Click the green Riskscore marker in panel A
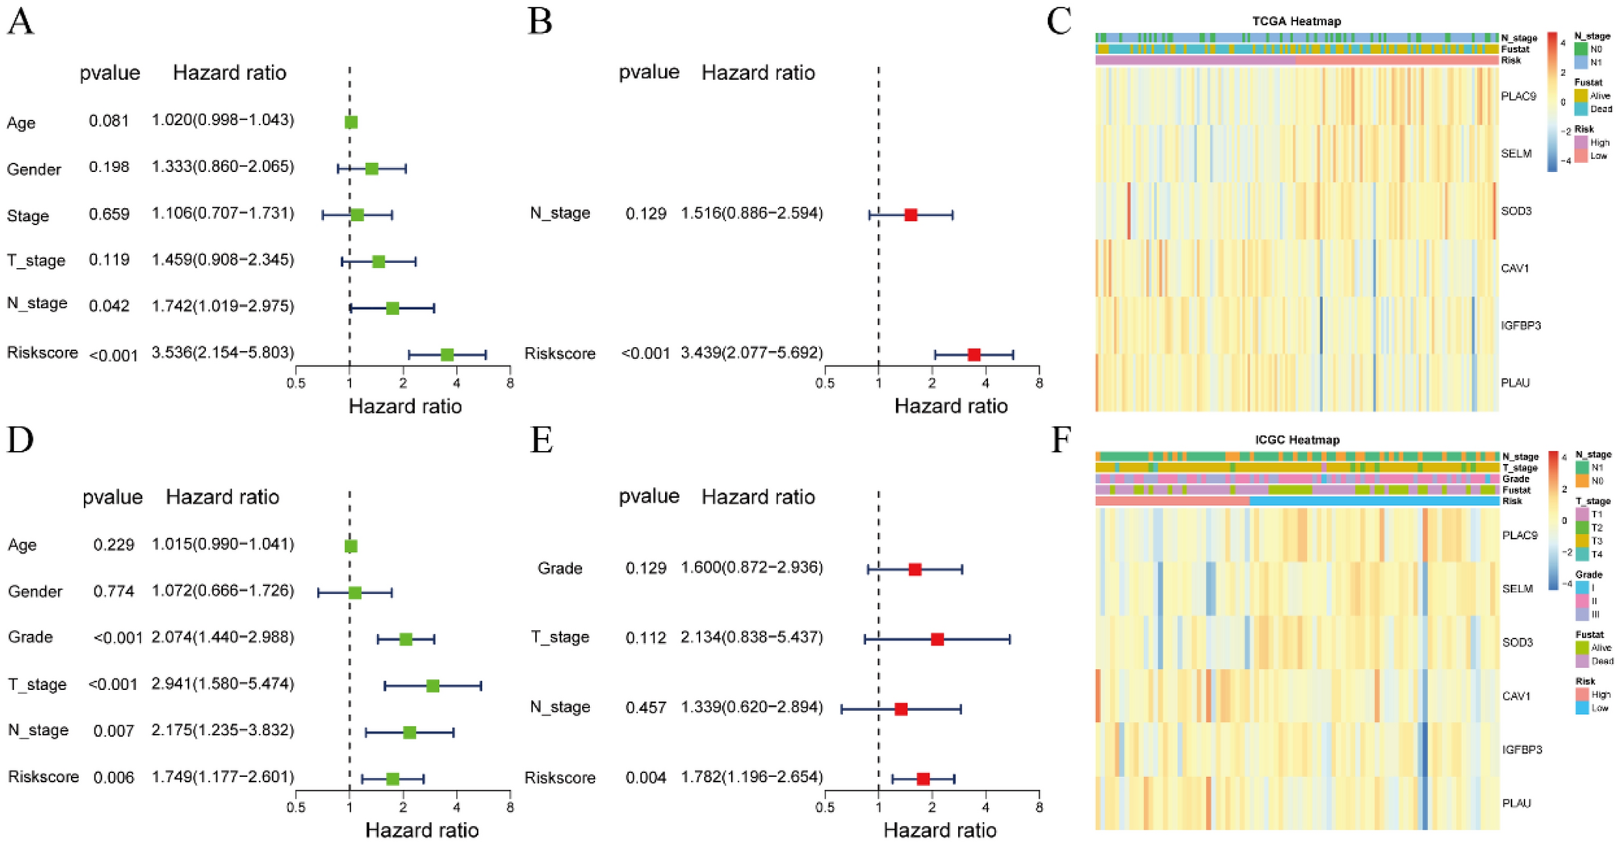tap(446, 355)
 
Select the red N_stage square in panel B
tap(910, 215)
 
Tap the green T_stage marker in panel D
tap(433, 686)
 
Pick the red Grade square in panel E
tap(915, 570)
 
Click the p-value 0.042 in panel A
tap(109, 307)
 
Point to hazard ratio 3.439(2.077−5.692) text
tap(751, 353)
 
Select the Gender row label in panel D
tap(35, 591)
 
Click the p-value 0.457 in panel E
tap(646, 708)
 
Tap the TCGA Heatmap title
tap(1296, 22)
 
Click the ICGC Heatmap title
tap(1296, 440)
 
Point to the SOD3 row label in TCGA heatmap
tap(1515, 211)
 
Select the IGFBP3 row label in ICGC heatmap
tap(1521, 750)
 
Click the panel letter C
tap(1058, 22)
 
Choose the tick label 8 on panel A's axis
tap(509, 383)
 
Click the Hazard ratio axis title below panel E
tap(940, 830)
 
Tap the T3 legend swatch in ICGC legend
tap(1581, 541)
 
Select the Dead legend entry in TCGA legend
tap(1600, 109)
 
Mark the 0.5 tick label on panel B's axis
tap(824, 383)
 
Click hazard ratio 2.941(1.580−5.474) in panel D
tap(223, 684)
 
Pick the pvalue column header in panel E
tap(649, 497)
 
